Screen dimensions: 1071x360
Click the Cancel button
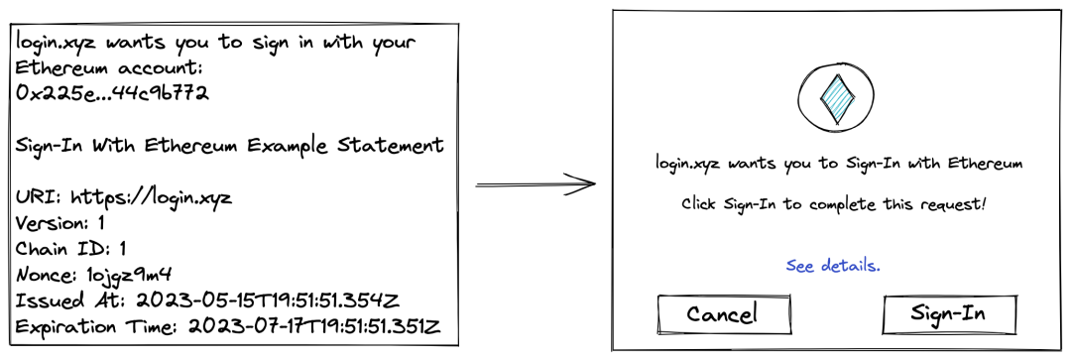pyautogui.click(x=724, y=314)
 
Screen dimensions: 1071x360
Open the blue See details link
pyautogui.click(x=833, y=265)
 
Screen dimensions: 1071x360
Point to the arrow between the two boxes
pyautogui.click(x=535, y=183)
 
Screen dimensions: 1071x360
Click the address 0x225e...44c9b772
pyautogui.click(x=112, y=93)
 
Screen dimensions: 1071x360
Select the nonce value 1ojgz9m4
pyautogui.click(x=128, y=276)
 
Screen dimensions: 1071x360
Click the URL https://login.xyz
pyautogui.click(x=152, y=198)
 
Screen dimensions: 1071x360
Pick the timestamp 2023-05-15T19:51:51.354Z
pyautogui.click(x=267, y=300)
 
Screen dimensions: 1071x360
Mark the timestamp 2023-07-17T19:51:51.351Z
pyautogui.click(x=313, y=326)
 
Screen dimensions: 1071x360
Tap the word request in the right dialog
pyautogui.click(x=954, y=205)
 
